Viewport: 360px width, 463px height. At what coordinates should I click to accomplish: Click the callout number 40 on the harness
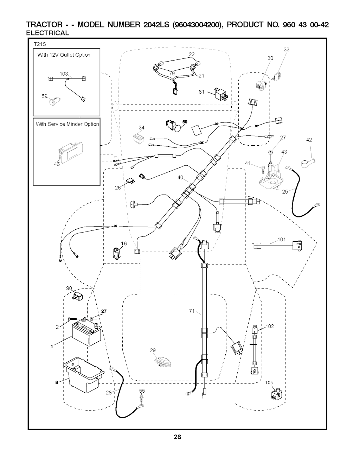click(180, 178)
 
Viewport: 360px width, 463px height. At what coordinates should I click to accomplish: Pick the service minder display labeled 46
click(71, 152)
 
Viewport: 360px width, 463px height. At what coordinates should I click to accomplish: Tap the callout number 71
click(192, 311)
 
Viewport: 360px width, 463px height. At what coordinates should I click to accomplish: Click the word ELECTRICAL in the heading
click(48, 33)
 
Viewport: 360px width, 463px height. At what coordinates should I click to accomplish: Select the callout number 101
click(282, 240)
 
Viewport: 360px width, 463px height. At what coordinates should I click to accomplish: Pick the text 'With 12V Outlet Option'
click(64, 55)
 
